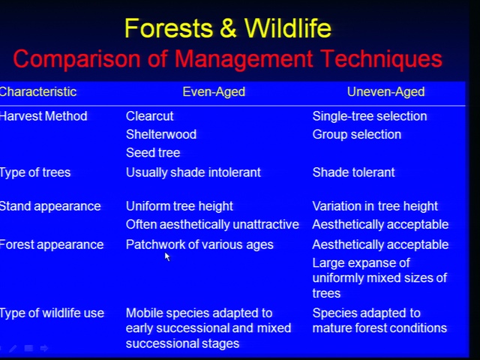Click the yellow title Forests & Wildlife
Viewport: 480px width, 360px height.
coord(228,28)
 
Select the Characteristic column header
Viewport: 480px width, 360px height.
coord(38,91)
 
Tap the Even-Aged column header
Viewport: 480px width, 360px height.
coord(214,91)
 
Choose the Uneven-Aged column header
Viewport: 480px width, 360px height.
coord(385,91)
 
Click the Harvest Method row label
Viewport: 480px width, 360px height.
coord(43,116)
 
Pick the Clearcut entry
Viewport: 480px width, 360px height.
coord(150,116)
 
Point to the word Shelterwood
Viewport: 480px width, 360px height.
coord(161,134)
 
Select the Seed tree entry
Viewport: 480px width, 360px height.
coord(153,153)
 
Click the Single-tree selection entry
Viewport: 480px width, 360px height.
coord(370,116)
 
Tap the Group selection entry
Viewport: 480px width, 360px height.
coord(357,135)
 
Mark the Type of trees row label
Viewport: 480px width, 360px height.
coord(35,172)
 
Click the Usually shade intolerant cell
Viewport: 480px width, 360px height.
coord(193,172)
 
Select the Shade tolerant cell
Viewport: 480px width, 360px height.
coord(353,172)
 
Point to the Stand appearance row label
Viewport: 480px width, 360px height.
coord(50,207)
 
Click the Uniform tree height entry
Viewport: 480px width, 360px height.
coord(179,207)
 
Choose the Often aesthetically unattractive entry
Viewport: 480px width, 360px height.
coord(212,225)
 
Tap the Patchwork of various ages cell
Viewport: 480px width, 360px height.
coord(199,245)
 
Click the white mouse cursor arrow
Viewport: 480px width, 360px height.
coord(166,256)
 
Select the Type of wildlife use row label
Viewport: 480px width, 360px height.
coord(52,313)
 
